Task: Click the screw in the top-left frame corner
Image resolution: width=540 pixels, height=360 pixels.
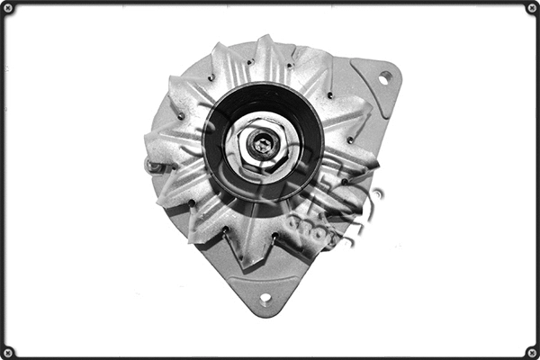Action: (8, 8)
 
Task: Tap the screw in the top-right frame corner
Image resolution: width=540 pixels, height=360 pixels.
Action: (531, 8)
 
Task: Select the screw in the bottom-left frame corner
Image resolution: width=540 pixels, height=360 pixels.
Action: (8, 351)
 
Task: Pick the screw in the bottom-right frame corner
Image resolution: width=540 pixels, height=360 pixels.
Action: (531, 351)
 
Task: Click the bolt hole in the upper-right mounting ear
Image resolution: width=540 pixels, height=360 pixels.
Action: (384, 78)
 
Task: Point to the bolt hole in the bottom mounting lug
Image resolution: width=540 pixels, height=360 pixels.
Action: (265, 299)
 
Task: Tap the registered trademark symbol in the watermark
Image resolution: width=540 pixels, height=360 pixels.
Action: (378, 193)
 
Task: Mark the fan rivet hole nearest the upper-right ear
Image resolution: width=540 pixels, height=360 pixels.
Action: (331, 94)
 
